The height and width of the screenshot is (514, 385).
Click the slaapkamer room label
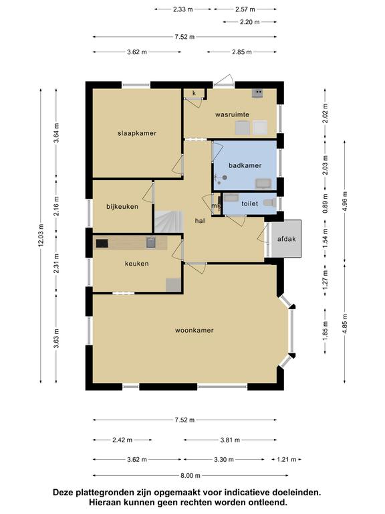[137, 133]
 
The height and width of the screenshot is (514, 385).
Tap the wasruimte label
[232, 114]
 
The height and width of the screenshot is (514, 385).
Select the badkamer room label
[245, 165]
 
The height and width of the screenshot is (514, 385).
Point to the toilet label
[250, 203]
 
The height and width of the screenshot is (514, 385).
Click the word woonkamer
[194, 330]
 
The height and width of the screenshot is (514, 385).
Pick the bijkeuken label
[122, 207]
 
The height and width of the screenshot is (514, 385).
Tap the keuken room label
[137, 264]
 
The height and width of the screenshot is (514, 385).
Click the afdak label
[287, 239]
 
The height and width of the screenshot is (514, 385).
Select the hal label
[200, 221]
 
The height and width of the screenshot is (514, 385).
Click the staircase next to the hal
[168, 222]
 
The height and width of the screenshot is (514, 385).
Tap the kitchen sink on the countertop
[150, 242]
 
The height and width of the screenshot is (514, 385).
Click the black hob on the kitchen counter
[102, 243]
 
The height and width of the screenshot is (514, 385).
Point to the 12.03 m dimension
[41, 236]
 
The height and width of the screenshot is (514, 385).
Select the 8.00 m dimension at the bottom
[190, 475]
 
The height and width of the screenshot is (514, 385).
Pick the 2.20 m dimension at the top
[250, 22]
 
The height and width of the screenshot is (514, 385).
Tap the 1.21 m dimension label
[287, 460]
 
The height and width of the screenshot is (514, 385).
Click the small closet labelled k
[194, 94]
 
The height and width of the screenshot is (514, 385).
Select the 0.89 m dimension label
[325, 203]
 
